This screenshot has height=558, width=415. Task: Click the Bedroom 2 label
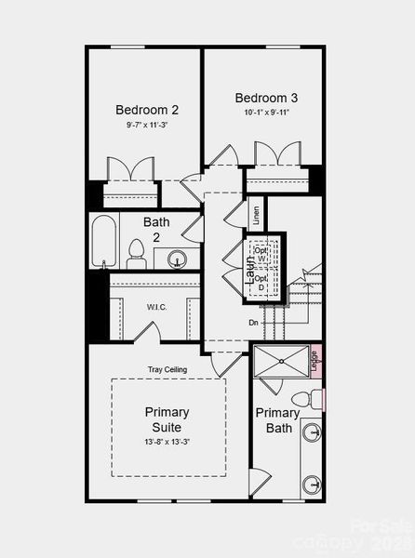tap(147, 110)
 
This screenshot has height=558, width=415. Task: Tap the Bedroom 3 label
tap(266, 99)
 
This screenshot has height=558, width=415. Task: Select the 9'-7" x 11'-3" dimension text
tap(147, 125)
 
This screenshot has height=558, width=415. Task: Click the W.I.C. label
tap(156, 306)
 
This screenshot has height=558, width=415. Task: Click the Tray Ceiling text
tap(167, 369)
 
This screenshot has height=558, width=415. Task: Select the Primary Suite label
tap(167, 419)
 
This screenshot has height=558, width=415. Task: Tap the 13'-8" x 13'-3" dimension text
tap(167, 441)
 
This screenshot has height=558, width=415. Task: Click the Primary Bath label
tap(278, 420)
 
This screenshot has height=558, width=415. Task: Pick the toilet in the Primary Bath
tap(303, 400)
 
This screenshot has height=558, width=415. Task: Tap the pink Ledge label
tap(315, 357)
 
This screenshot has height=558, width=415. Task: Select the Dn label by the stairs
tap(253, 323)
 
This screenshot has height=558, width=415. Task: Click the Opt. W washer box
tap(261, 255)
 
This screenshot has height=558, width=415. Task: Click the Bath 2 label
tap(156, 230)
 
